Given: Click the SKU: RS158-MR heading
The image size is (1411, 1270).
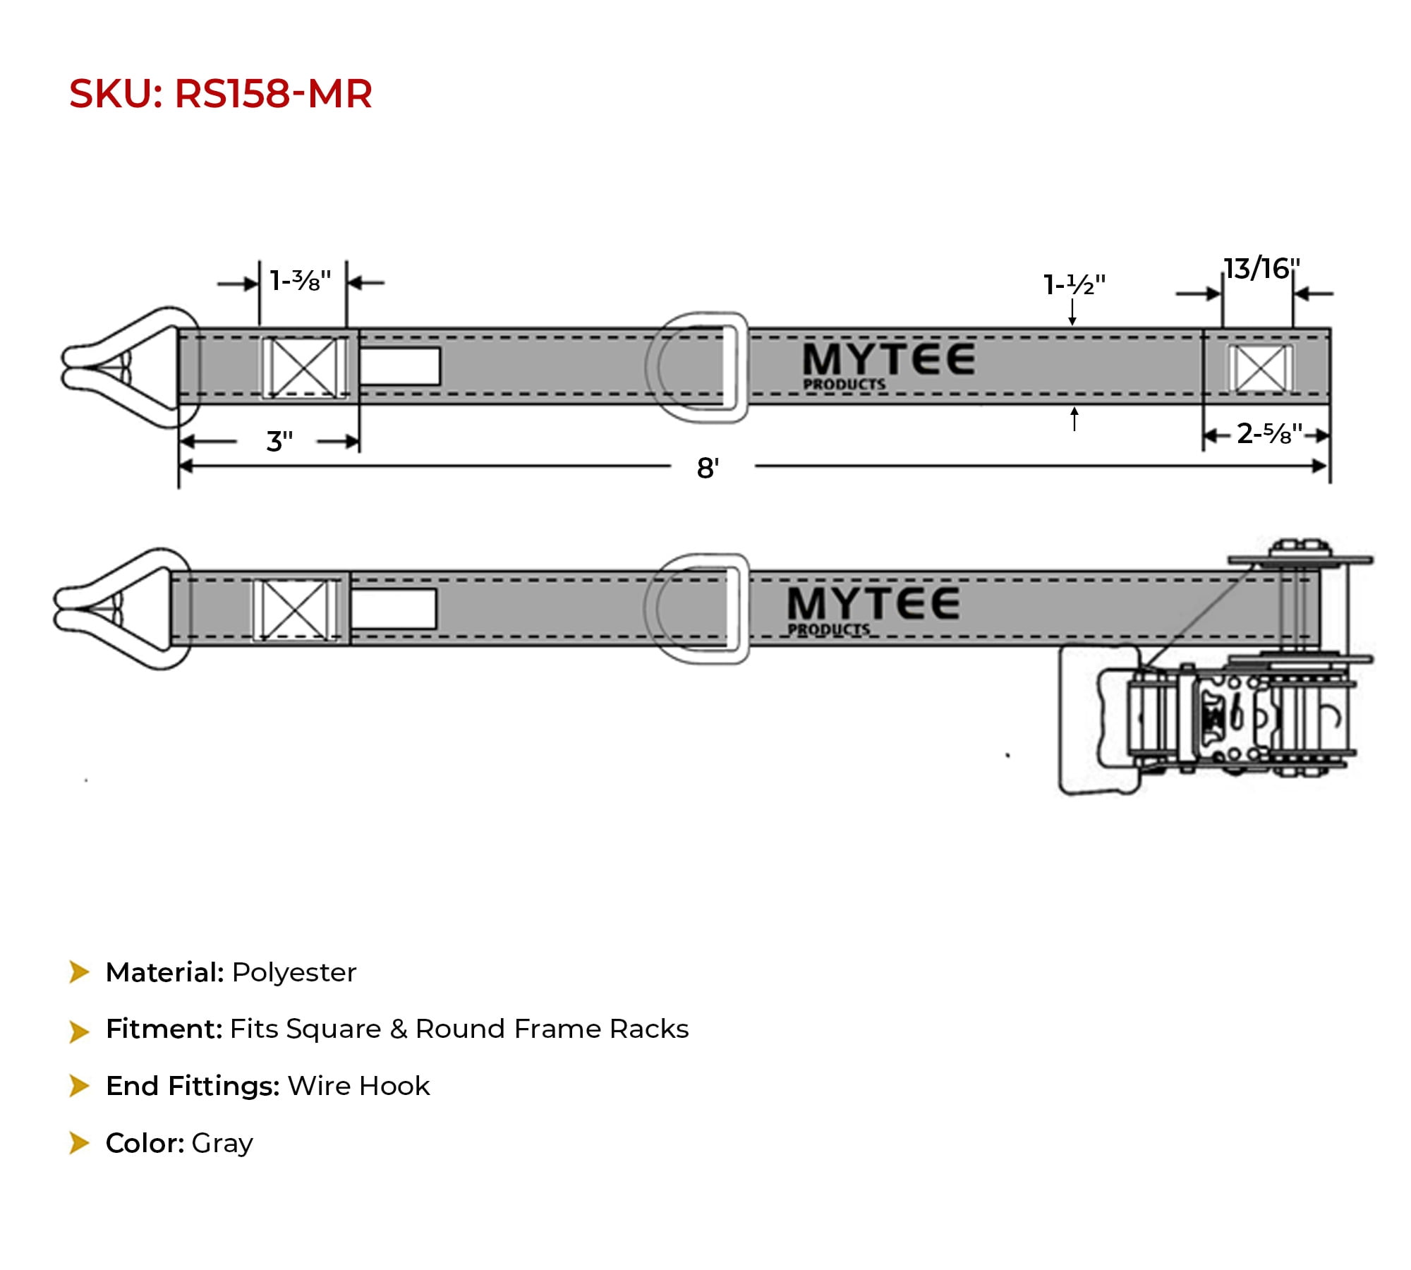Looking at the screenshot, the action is click(220, 94).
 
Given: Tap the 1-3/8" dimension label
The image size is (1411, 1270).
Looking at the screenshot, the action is click(301, 281).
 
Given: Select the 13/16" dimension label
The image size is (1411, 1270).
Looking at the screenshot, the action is click(1261, 269).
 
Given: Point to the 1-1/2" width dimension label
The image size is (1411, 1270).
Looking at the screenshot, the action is click(1074, 284).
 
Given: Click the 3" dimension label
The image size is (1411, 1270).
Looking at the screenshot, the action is click(279, 442).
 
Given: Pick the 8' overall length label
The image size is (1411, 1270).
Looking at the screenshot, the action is click(708, 468).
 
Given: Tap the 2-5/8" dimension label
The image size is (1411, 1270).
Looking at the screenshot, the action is click(1269, 433).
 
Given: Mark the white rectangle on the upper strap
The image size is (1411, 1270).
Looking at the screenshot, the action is click(400, 366).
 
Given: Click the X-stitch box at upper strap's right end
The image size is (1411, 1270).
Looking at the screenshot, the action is click(1261, 368).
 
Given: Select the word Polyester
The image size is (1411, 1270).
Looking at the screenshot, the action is click(294, 973).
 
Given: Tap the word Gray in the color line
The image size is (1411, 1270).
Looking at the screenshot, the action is click(222, 1143).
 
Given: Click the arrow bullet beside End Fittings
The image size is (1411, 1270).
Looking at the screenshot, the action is click(79, 1086).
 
